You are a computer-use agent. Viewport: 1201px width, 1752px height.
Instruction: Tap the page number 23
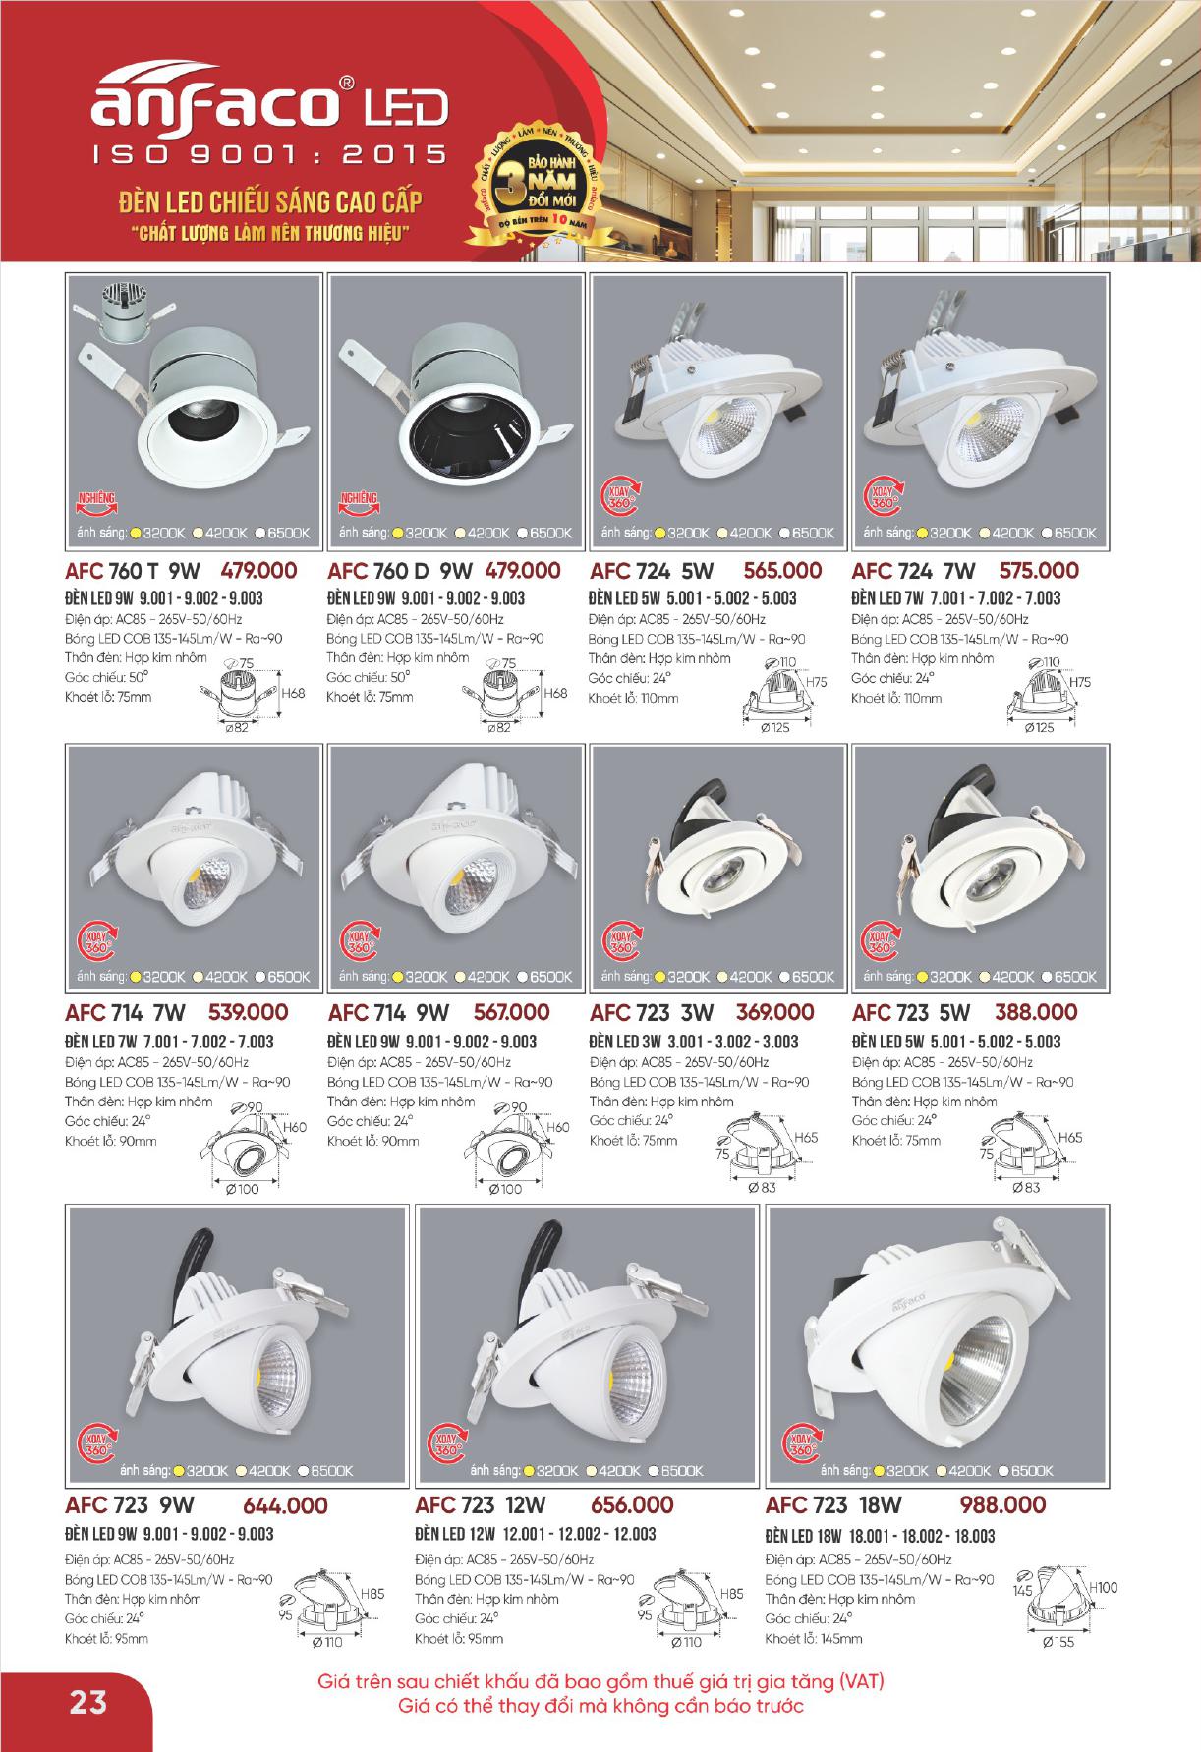[87, 1699]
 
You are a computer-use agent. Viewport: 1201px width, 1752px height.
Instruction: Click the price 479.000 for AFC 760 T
[259, 571]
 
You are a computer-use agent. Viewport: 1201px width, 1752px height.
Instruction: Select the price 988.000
[1002, 1504]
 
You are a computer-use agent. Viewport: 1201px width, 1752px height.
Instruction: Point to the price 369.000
[774, 1012]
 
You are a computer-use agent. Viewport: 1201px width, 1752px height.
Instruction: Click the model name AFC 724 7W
[913, 571]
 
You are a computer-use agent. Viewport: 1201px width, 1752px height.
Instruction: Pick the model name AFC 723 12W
[480, 1504]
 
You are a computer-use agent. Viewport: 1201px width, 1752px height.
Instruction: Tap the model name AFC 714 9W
[388, 1013]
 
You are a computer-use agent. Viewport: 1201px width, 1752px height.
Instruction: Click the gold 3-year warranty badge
[538, 188]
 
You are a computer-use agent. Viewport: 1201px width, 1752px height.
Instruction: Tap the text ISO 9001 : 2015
[268, 155]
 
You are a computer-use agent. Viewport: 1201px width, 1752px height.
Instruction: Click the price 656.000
[632, 1504]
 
